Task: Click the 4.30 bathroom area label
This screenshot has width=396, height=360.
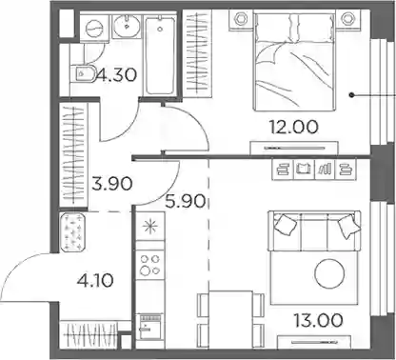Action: click(117, 75)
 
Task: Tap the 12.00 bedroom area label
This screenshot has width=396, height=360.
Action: click(293, 127)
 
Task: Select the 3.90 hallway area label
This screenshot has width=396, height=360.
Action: click(112, 184)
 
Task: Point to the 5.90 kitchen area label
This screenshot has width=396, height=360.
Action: click(186, 201)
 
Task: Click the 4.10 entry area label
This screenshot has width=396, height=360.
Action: click(95, 280)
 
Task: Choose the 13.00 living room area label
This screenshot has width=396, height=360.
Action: click(318, 320)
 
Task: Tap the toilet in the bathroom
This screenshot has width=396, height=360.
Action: click(82, 74)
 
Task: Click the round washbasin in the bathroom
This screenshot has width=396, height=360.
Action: click(127, 25)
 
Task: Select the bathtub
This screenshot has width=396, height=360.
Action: click(160, 56)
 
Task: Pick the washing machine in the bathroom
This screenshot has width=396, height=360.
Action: click(94, 28)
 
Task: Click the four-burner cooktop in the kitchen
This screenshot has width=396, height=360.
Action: click(149, 265)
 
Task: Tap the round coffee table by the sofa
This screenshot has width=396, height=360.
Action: click(329, 273)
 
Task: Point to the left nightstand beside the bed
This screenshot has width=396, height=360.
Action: click(241, 19)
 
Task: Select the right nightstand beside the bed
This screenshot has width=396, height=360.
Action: click(348, 19)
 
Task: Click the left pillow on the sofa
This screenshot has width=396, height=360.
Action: click(286, 225)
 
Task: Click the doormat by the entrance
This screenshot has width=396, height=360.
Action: click(72, 232)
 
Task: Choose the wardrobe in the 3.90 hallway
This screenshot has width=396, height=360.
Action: click(73, 154)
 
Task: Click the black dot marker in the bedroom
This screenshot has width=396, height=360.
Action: click(351, 95)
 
